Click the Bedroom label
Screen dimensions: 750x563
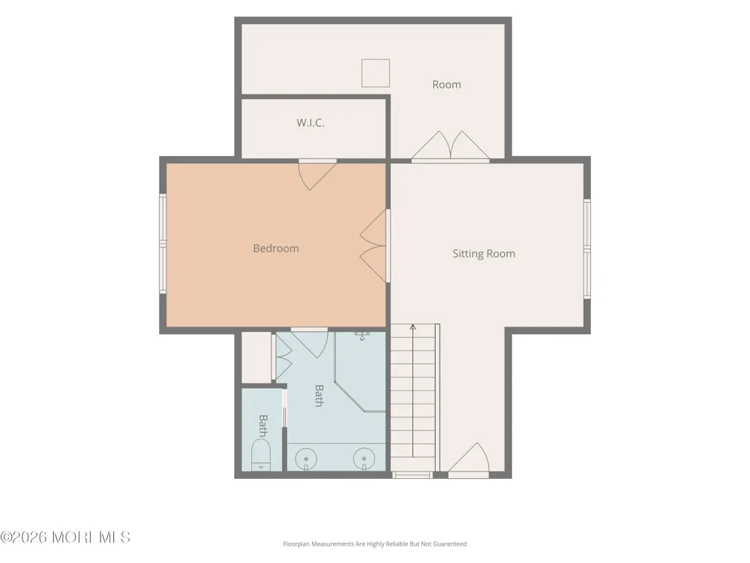tap(276, 248)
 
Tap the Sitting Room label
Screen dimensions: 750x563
tap(484, 254)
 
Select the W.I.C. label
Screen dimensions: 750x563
tap(310, 122)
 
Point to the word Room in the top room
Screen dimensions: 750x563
tap(447, 85)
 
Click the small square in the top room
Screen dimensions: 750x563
tap(376, 74)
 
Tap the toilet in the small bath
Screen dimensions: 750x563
tap(261, 455)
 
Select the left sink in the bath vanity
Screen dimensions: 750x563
tap(306, 459)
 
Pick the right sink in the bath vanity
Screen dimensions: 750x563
tap(364, 459)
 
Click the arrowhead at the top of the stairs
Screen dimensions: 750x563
tap(412, 327)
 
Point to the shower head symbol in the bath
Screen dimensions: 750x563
tap(362, 335)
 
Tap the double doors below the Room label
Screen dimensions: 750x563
tap(451, 146)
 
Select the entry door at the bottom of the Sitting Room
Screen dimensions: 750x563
tap(469, 459)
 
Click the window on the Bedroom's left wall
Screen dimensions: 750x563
tap(163, 244)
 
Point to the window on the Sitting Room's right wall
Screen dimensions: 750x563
tap(587, 249)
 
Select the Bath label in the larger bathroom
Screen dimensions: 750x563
tap(319, 396)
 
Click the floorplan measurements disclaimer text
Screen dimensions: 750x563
tap(375, 543)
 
